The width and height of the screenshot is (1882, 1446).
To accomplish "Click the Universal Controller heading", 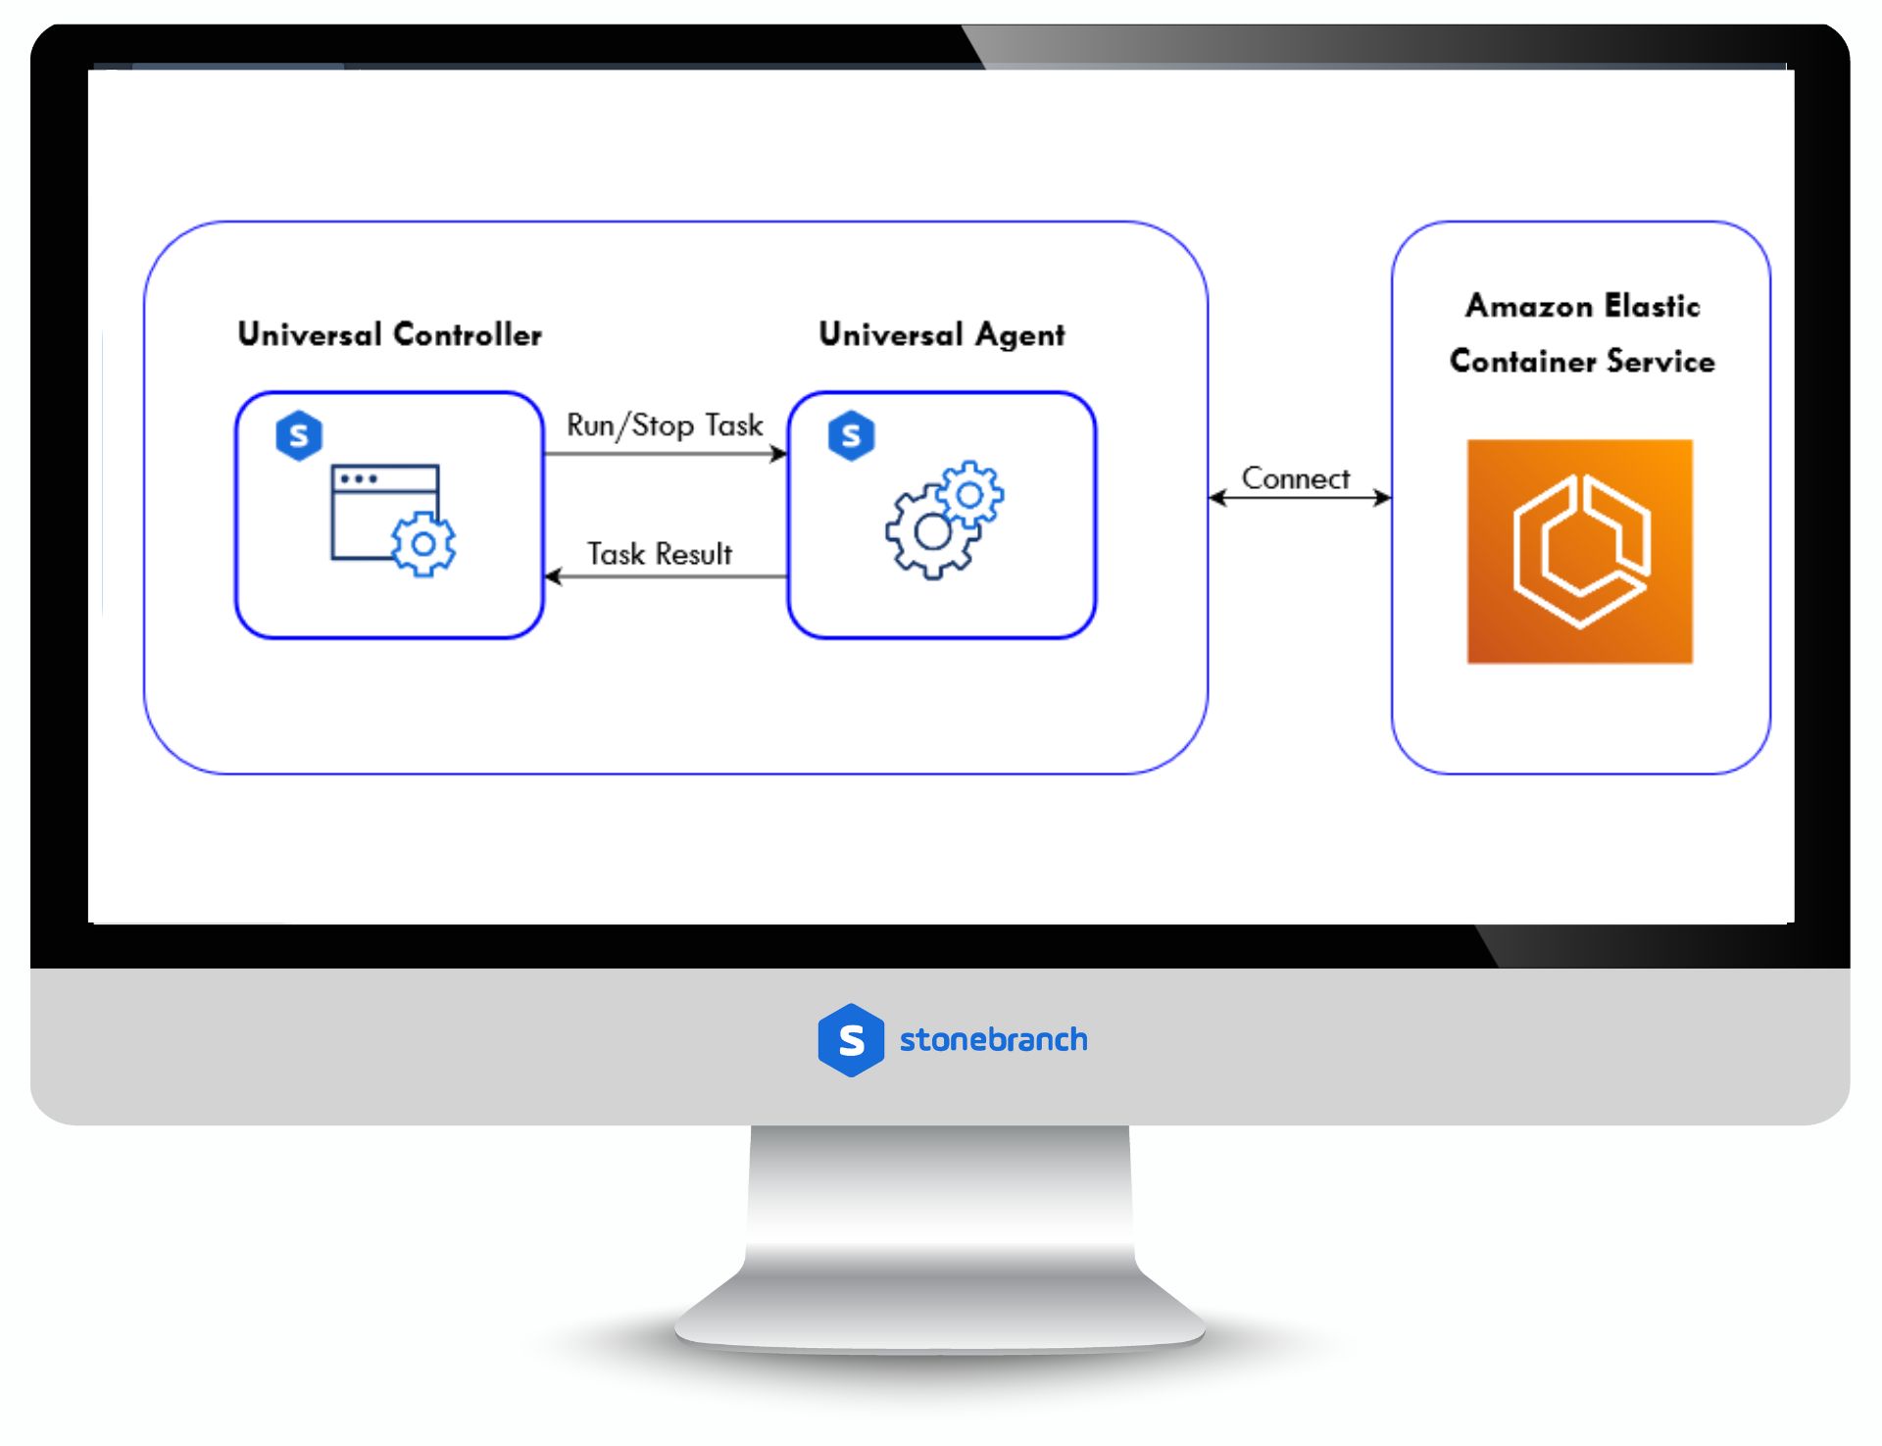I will click(x=389, y=335).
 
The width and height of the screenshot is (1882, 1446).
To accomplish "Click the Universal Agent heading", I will click(x=941, y=335).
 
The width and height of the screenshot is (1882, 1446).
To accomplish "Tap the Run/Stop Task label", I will click(x=665, y=425).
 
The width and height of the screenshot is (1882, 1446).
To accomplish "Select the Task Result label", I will click(x=660, y=554).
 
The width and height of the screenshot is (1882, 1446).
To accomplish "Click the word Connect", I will click(x=1295, y=478).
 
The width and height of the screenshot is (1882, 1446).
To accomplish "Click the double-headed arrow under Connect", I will click(x=1300, y=498).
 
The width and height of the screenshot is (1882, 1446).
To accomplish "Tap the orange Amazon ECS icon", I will click(x=1579, y=551).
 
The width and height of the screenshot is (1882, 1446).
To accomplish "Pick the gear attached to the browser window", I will click(x=423, y=544).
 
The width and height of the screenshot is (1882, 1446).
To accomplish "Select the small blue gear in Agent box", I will click(x=970, y=495).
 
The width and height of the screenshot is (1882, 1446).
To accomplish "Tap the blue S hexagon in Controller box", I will click(x=299, y=436).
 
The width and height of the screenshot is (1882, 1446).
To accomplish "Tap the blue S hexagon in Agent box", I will click(x=851, y=436).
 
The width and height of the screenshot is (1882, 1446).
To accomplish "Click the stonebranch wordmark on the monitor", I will click(x=993, y=1040).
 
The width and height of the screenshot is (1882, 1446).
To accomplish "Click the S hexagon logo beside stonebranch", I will click(x=851, y=1040).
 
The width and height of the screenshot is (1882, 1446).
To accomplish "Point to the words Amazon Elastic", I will click(x=1582, y=306).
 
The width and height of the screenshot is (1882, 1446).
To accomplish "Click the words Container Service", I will click(x=1582, y=361).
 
